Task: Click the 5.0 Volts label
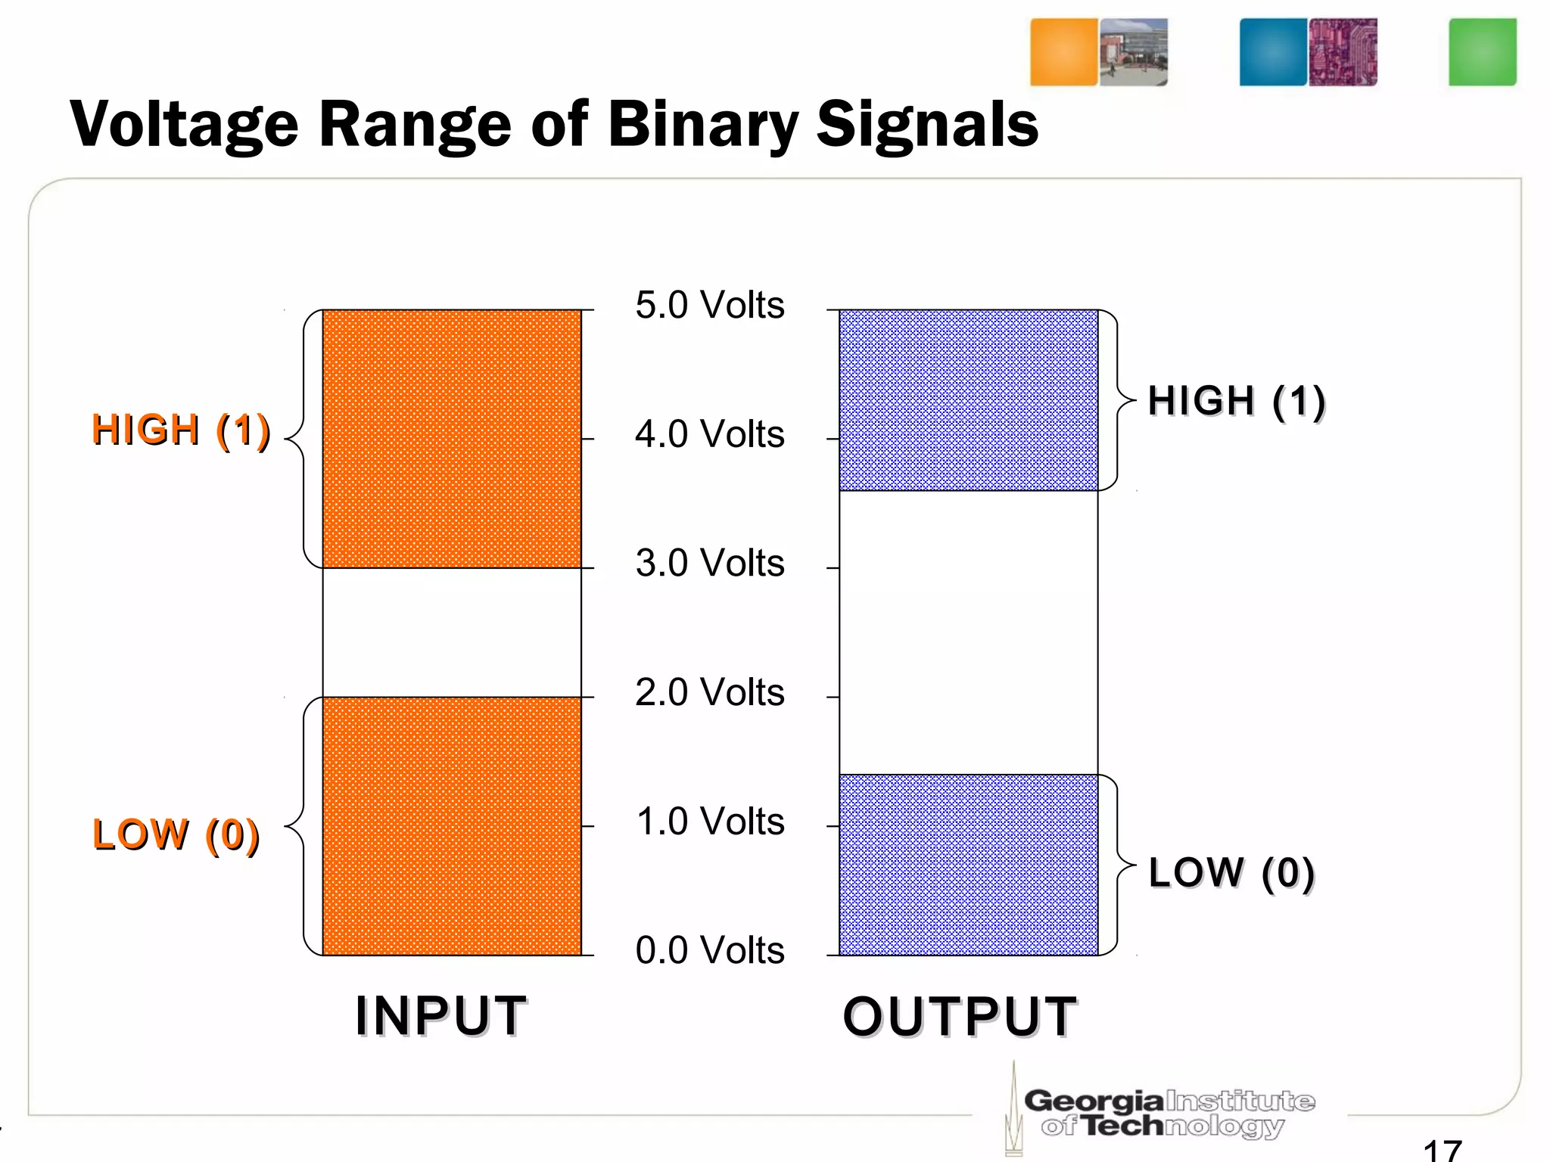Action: pos(709,306)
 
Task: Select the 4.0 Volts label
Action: pos(709,435)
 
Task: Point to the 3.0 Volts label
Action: pos(709,564)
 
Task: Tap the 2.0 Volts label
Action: pos(709,693)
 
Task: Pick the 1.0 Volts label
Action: pos(709,822)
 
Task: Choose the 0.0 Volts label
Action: pos(709,951)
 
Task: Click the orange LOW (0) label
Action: pos(176,835)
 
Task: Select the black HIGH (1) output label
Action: pos(1236,401)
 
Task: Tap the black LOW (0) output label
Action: pos(1231,873)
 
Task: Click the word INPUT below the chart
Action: pos(441,1016)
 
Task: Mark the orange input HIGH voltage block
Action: pos(452,439)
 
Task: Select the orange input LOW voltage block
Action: pos(452,826)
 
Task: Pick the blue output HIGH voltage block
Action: pos(968,400)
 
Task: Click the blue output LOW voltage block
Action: pos(968,865)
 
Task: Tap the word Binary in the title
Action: pos(702,126)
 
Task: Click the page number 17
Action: pos(1442,1150)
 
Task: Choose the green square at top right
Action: pos(1482,52)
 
